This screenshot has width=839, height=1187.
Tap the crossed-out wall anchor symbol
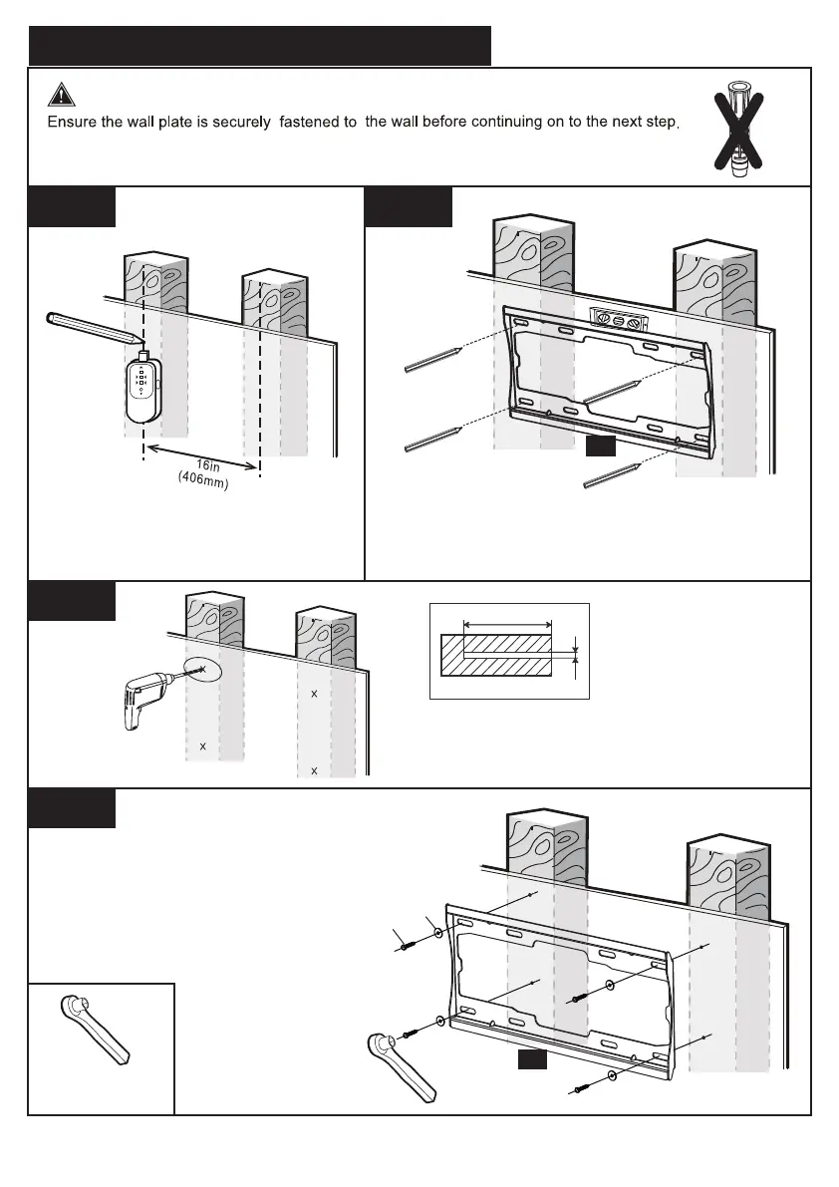click(x=741, y=130)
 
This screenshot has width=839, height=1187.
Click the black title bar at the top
click(x=259, y=46)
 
